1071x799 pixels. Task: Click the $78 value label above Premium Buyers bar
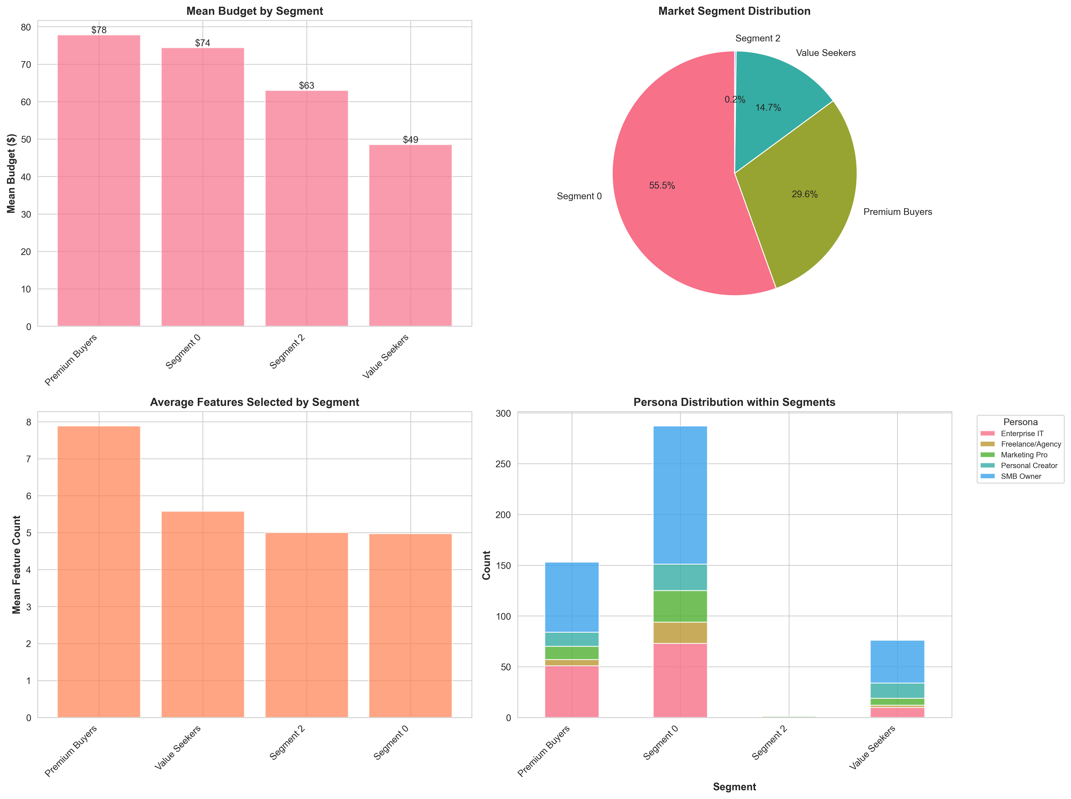click(99, 30)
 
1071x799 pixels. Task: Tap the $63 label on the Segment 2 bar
click(306, 86)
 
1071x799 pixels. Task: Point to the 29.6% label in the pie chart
click(804, 194)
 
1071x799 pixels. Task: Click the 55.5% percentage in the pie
click(662, 186)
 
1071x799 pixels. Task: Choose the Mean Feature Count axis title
click(17, 564)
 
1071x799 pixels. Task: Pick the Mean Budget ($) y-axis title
click(11, 173)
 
